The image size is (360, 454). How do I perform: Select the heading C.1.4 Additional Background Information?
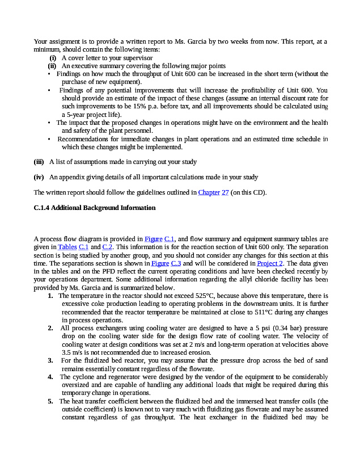tap(95, 208)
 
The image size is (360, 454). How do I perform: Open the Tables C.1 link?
tap(73, 247)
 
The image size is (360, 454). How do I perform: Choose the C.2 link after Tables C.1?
tap(107, 247)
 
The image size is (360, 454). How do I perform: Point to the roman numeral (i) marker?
tap(53, 58)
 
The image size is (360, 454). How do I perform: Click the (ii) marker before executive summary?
tap(52, 66)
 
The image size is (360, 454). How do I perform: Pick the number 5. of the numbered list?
tap(50, 401)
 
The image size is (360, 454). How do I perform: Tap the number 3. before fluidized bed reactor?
tap(50, 360)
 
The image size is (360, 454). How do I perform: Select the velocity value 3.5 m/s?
tap(71, 352)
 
